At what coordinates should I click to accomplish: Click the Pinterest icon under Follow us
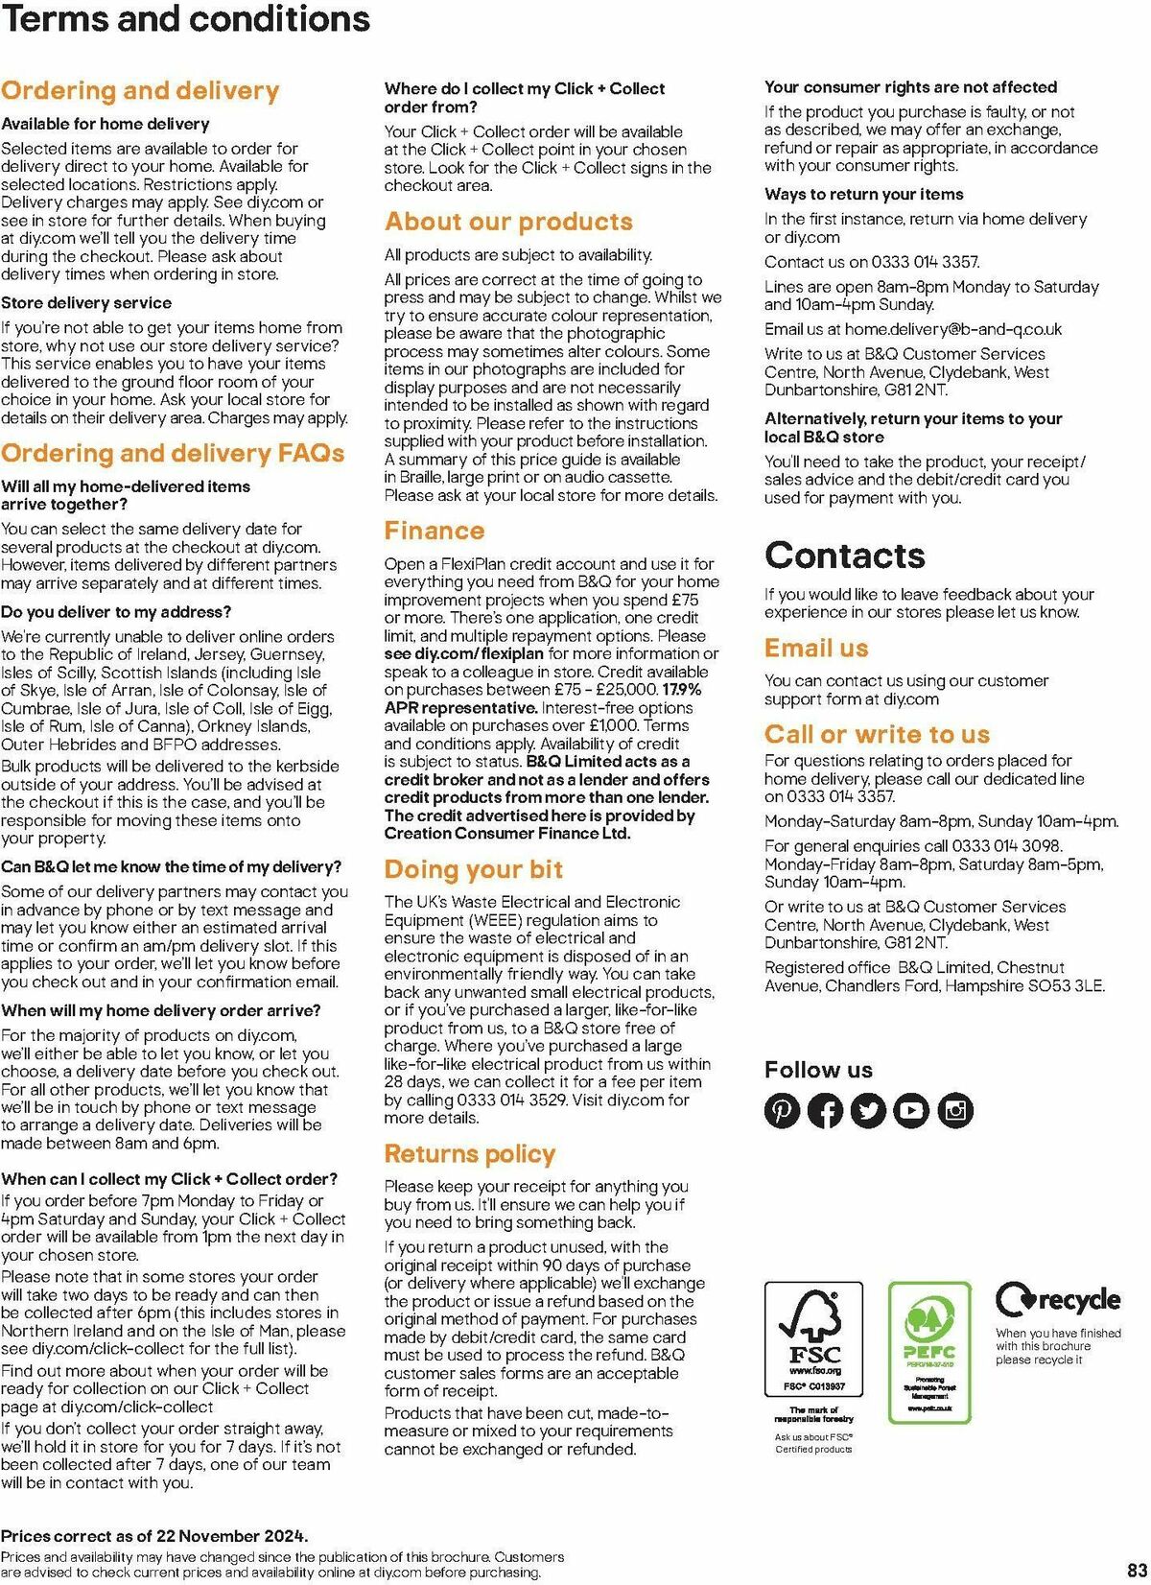tap(782, 1110)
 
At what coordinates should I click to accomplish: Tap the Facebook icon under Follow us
tap(825, 1110)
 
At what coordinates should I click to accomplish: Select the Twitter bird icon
tap(868, 1110)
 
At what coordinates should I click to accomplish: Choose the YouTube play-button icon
tap(911, 1110)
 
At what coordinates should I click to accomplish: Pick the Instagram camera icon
tap(955, 1110)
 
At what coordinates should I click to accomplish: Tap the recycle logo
tap(1057, 1301)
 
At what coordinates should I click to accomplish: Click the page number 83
tap(1138, 1572)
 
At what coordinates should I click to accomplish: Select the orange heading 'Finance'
tap(435, 531)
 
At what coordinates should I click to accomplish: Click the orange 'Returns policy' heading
tap(470, 1153)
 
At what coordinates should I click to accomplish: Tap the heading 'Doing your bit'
tap(474, 869)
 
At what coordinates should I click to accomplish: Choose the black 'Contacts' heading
tap(845, 555)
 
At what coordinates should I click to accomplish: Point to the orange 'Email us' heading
tap(816, 648)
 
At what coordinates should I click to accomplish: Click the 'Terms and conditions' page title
tap(185, 19)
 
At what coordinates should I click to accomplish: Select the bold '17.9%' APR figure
tap(682, 690)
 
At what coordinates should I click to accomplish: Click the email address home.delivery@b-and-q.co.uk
tap(953, 329)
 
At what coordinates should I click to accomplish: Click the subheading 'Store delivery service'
tap(86, 302)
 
